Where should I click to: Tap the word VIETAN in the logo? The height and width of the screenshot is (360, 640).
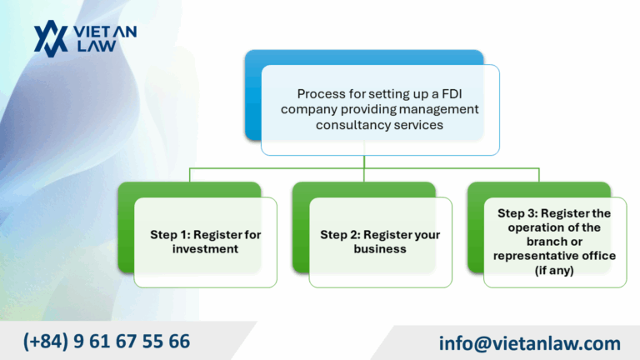105,31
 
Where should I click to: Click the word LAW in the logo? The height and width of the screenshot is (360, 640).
93,47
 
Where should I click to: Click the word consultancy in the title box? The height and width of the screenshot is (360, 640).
352,125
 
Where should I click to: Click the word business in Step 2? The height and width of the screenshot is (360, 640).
380,249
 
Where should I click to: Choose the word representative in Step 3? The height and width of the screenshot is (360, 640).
534,256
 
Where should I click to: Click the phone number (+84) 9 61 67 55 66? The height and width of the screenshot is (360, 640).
107,341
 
